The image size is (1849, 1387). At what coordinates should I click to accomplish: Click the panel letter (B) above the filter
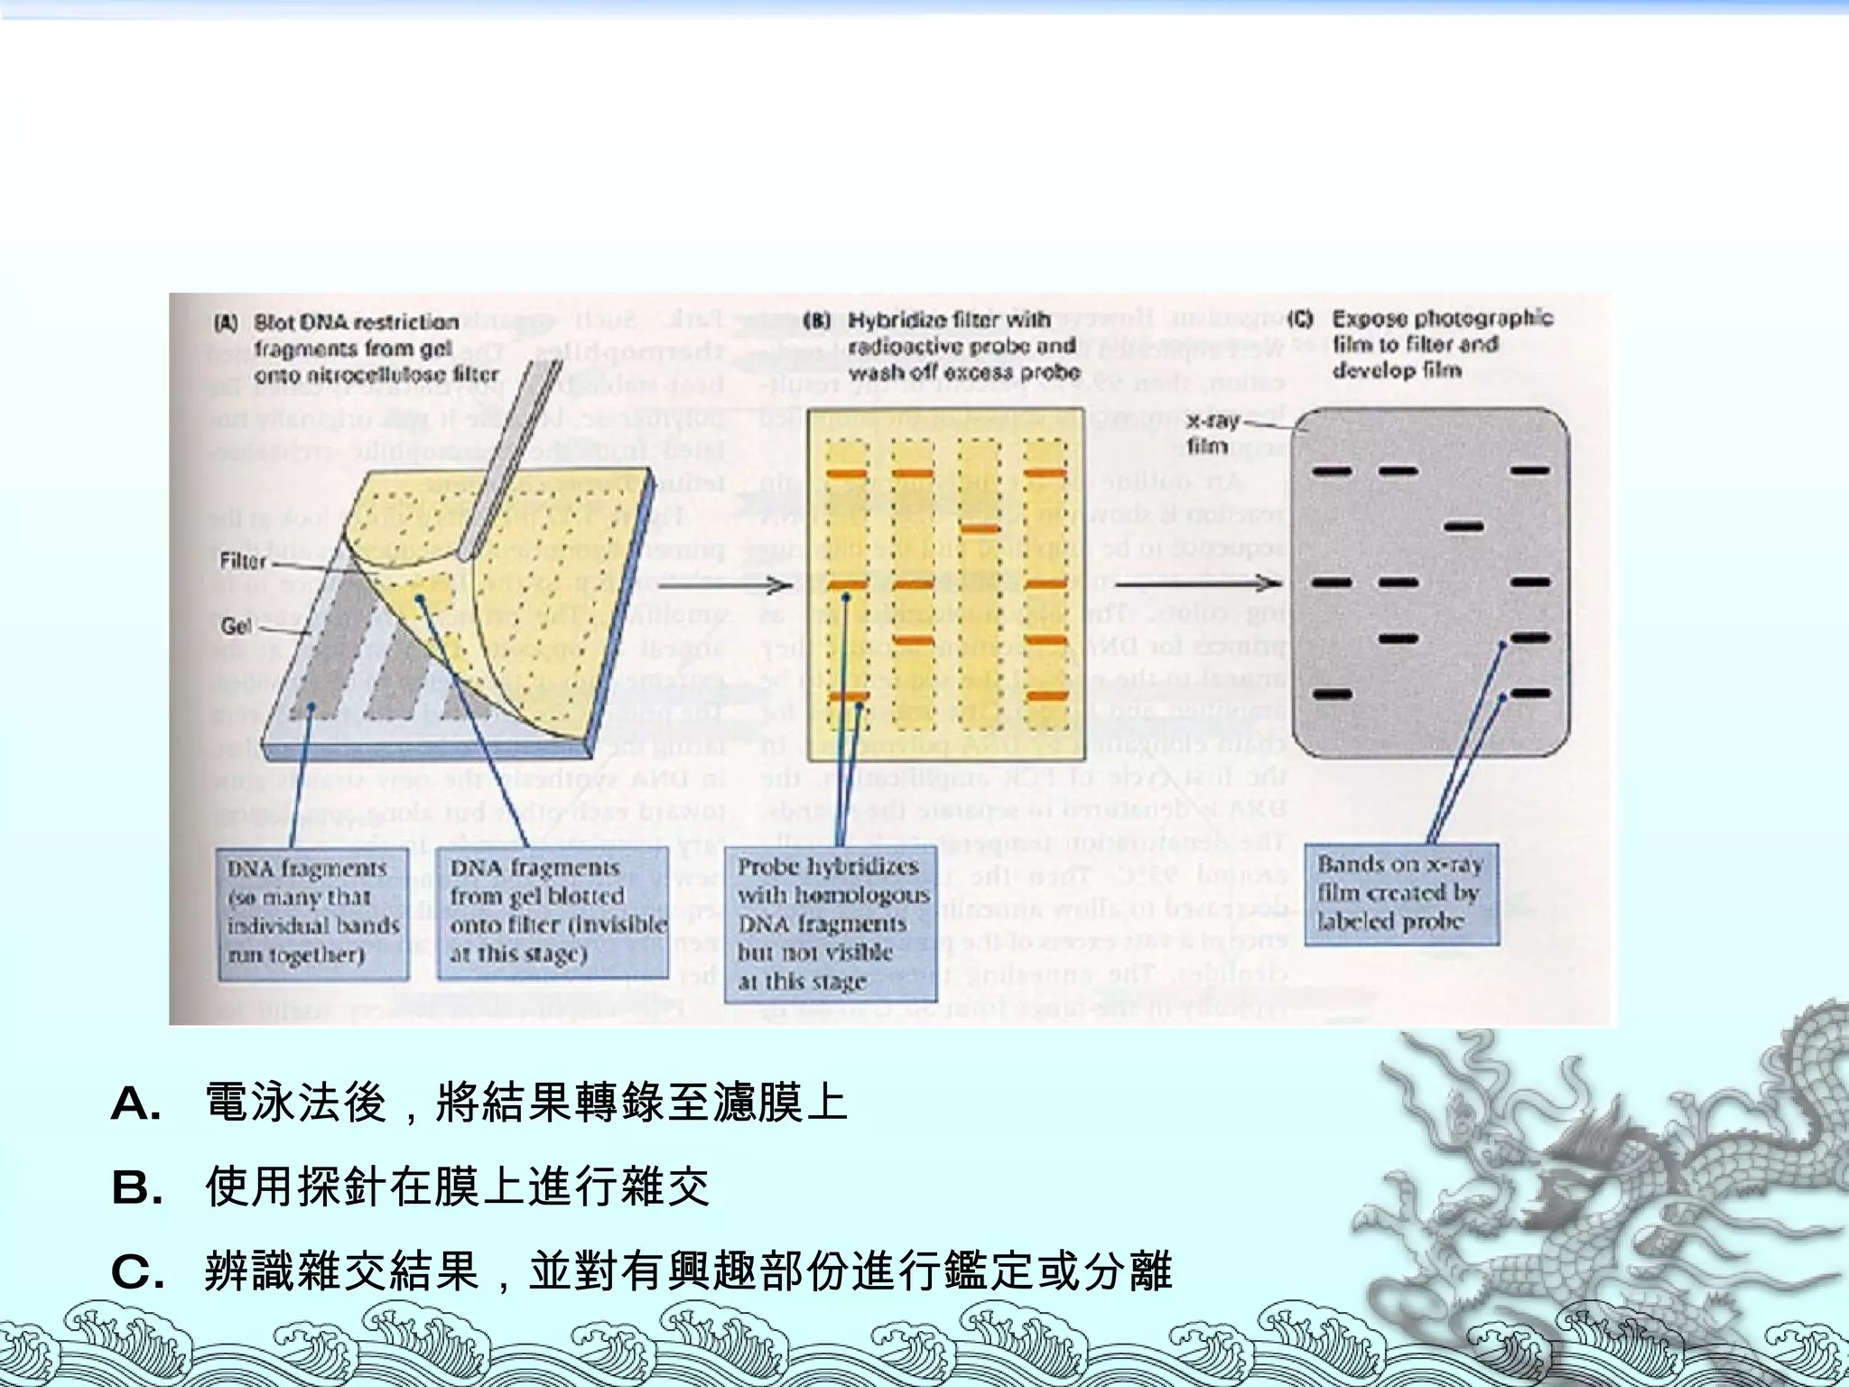817,321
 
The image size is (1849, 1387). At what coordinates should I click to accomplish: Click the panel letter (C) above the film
1300,319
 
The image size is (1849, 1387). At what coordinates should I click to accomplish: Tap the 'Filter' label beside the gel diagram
243,562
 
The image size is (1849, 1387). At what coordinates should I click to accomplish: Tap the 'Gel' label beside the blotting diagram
237,627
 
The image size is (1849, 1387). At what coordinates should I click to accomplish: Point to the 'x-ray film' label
1212,433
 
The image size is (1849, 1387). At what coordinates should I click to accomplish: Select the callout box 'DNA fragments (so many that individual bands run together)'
312,912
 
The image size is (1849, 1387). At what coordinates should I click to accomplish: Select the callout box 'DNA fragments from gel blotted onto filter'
553,912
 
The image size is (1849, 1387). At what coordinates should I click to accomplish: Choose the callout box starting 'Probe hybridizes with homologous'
831,923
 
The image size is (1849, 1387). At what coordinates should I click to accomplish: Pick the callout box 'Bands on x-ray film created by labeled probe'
1401,894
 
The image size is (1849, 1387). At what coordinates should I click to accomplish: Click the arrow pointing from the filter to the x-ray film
1196,582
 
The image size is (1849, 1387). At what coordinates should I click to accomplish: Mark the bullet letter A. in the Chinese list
136,1103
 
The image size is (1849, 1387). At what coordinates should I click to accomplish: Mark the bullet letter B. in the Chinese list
136,1188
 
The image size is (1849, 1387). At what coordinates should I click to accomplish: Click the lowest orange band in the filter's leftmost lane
848,696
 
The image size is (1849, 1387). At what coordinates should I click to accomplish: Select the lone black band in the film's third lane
1464,526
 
